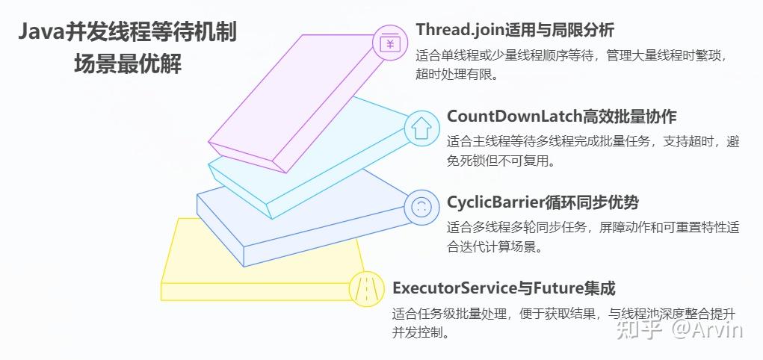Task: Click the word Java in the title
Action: click(44, 32)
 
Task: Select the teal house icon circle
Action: click(421, 128)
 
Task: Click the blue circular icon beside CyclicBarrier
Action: click(421, 207)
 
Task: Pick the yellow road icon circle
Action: click(366, 288)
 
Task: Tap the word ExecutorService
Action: click(454, 288)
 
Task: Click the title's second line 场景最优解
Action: click(127, 63)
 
